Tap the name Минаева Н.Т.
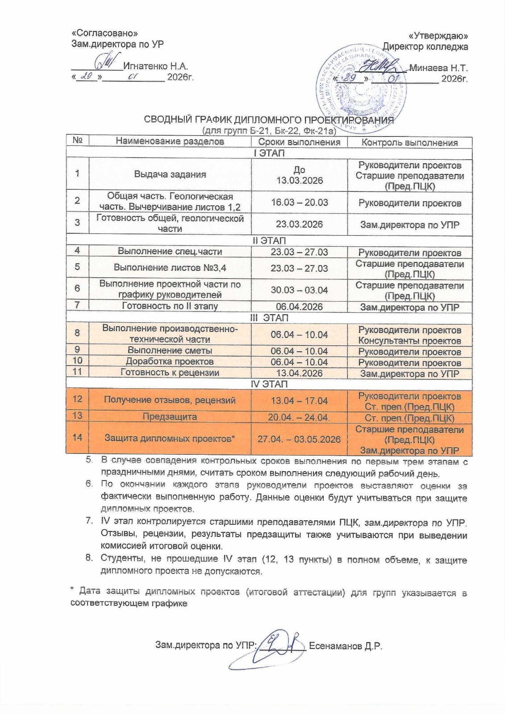point(438,68)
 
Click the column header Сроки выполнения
point(299,142)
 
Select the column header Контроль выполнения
point(409,142)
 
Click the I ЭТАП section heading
point(269,153)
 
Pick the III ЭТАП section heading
point(269,318)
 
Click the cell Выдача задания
point(170,174)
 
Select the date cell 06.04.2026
point(299,307)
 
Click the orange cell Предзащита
point(170,417)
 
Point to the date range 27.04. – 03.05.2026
point(299,439)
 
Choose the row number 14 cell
point(77,437)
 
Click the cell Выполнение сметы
point(170,351)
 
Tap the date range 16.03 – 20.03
point(299,202)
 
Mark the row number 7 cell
point(77,305)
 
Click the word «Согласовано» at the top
point(104,33)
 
